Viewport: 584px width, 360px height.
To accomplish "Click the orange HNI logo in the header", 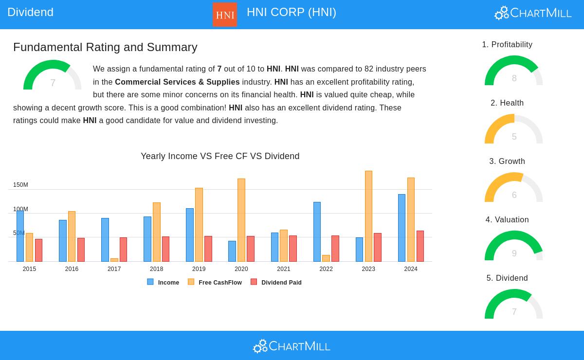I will [x=225, y=15].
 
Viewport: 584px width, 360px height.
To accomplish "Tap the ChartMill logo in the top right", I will [x=533, y=13].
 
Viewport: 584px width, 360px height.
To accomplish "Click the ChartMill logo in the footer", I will [x=292, y=346].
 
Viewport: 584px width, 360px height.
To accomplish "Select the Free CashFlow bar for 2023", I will [x=368, y=216].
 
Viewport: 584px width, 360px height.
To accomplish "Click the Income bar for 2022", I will [x=317, y=232].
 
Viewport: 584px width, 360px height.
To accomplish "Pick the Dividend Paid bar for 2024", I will [x=420, y=246].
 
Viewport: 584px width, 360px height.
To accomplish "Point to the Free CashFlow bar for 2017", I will [x=114, y=260].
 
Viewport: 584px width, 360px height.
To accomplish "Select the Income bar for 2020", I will [x=232, y=251].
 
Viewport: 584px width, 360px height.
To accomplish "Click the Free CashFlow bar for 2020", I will [x=241, y=220].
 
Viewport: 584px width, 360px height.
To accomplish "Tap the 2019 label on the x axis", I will [x=199, y=269].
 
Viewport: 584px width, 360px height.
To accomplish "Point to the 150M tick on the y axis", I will [x=20, y=185].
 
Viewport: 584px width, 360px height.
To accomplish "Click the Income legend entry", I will [x=164, y=282].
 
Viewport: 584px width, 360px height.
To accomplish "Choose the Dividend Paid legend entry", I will [x=276, y=282].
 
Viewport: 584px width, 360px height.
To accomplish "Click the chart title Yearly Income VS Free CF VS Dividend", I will [x=220, y=156].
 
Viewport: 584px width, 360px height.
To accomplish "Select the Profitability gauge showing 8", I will [x=513, y=72].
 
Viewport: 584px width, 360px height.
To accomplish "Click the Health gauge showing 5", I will [x=513, y=130].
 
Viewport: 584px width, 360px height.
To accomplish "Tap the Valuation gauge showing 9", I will [x=513, y=247].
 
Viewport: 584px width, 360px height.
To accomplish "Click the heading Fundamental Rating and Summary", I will [x=105, y=47].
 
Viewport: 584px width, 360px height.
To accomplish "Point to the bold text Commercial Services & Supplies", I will [x=177, y=82].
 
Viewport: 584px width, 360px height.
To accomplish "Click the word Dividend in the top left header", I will [x=30, y=12].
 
